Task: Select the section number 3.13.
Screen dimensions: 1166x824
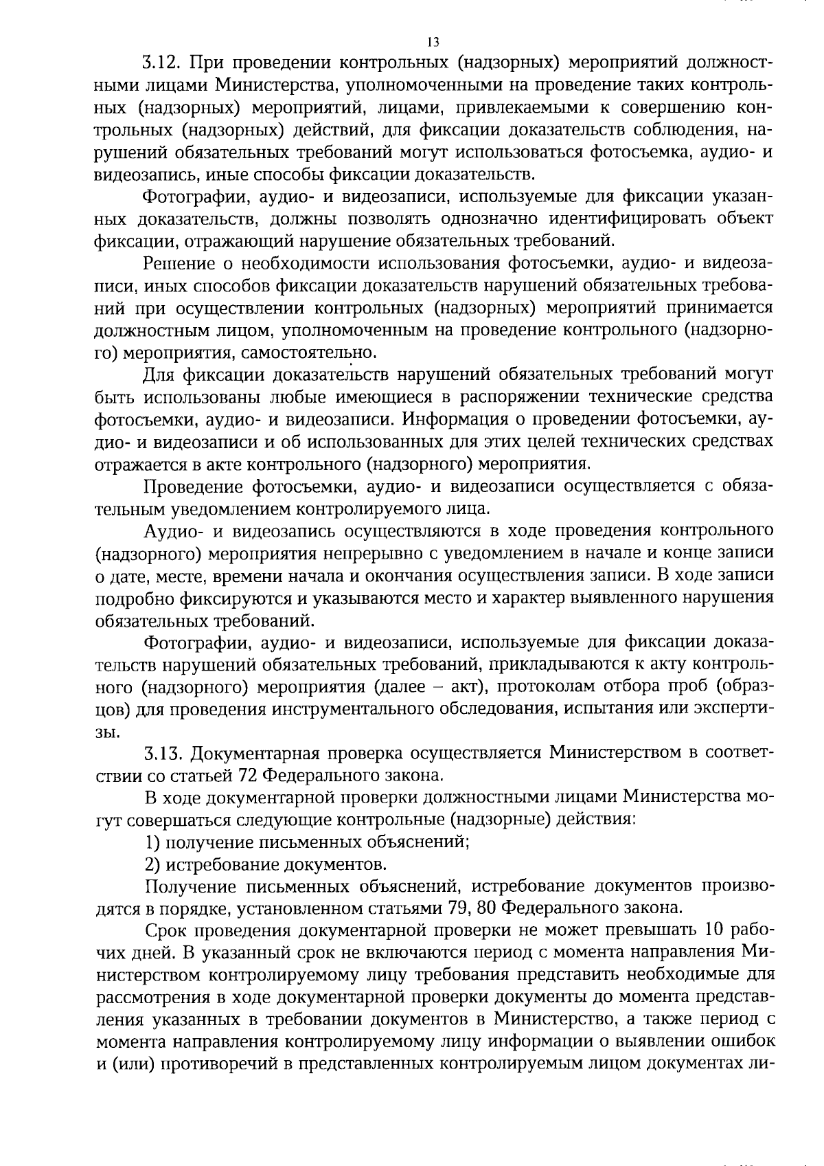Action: [x=162, y=752]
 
